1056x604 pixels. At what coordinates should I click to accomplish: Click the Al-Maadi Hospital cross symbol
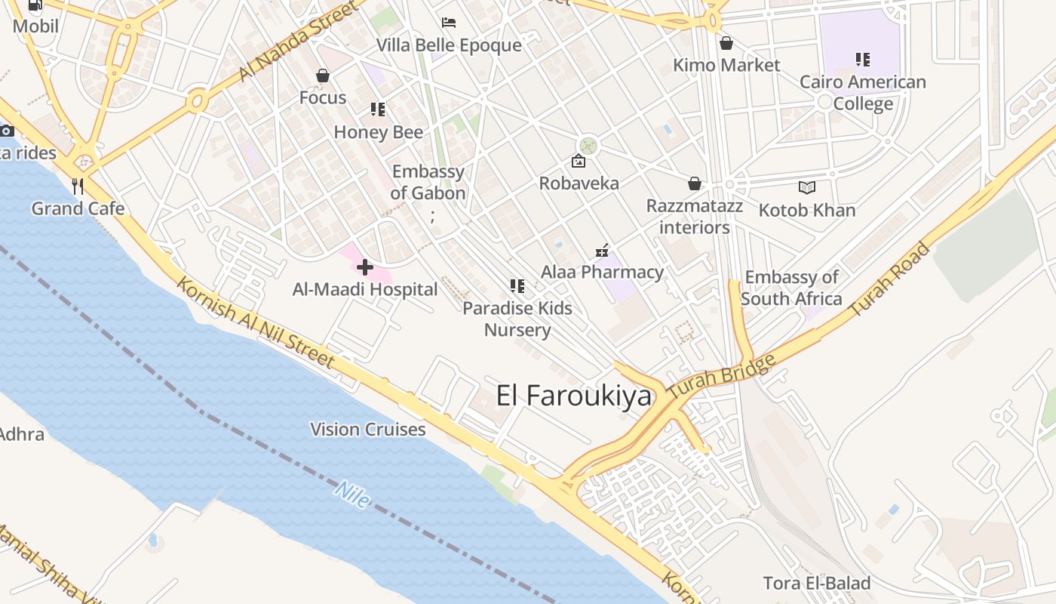[x=365, y=267]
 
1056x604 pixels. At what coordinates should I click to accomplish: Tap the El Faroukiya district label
[x=573, y=396]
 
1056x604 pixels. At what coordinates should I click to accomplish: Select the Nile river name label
[x=352, y=495]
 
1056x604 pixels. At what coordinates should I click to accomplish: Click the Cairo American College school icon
[x=863, y=59]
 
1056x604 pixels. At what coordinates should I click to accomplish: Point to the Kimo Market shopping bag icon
[x=726, y=43]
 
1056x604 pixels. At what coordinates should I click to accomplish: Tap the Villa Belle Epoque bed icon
[x=449, y=22]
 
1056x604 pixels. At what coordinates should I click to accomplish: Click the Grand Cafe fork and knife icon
[x=77, y=186]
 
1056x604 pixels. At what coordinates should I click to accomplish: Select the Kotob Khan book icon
[x=807, y=187]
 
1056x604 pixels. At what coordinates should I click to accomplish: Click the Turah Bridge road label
[x=722, y=377]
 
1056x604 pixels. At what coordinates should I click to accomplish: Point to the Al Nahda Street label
[x=297, y=42]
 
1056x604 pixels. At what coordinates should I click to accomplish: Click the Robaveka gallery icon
[x=579, y=161]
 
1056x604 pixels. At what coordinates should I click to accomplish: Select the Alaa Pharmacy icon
[x=602, y=250]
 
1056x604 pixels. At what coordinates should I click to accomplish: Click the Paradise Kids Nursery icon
[x=517, y=285]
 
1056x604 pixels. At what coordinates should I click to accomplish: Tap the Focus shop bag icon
[x=323, y=75]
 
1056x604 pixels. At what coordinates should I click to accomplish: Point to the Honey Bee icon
[x=378, y=109]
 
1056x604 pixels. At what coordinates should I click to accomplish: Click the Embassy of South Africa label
[x=791, y=288]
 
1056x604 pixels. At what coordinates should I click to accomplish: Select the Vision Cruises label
[x=368, y=430]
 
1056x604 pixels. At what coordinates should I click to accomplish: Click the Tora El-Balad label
[x=817, y=583]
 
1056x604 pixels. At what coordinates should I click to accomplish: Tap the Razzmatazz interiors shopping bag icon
[x=694, y=183]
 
